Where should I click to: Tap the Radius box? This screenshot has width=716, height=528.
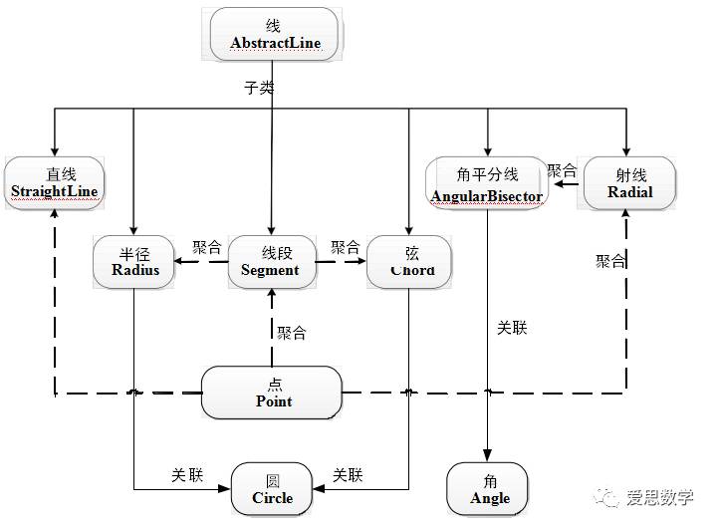pos(134,260)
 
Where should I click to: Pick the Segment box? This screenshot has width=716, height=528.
pos(271,261)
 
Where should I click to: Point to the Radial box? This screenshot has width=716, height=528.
pos(629,182)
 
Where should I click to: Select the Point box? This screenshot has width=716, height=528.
pos(273,392)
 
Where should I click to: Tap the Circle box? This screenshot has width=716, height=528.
pos(272,488)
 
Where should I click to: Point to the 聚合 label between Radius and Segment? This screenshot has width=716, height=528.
pos(206,246)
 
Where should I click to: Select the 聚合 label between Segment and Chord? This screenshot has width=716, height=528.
pos(345,246)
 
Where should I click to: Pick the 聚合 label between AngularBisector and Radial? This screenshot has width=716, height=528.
pos(562,169)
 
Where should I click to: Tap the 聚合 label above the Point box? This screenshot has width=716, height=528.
pos(292,333)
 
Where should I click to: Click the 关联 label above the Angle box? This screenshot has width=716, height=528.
pos(511,328)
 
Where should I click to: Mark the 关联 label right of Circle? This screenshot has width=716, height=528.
pos(348,475)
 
